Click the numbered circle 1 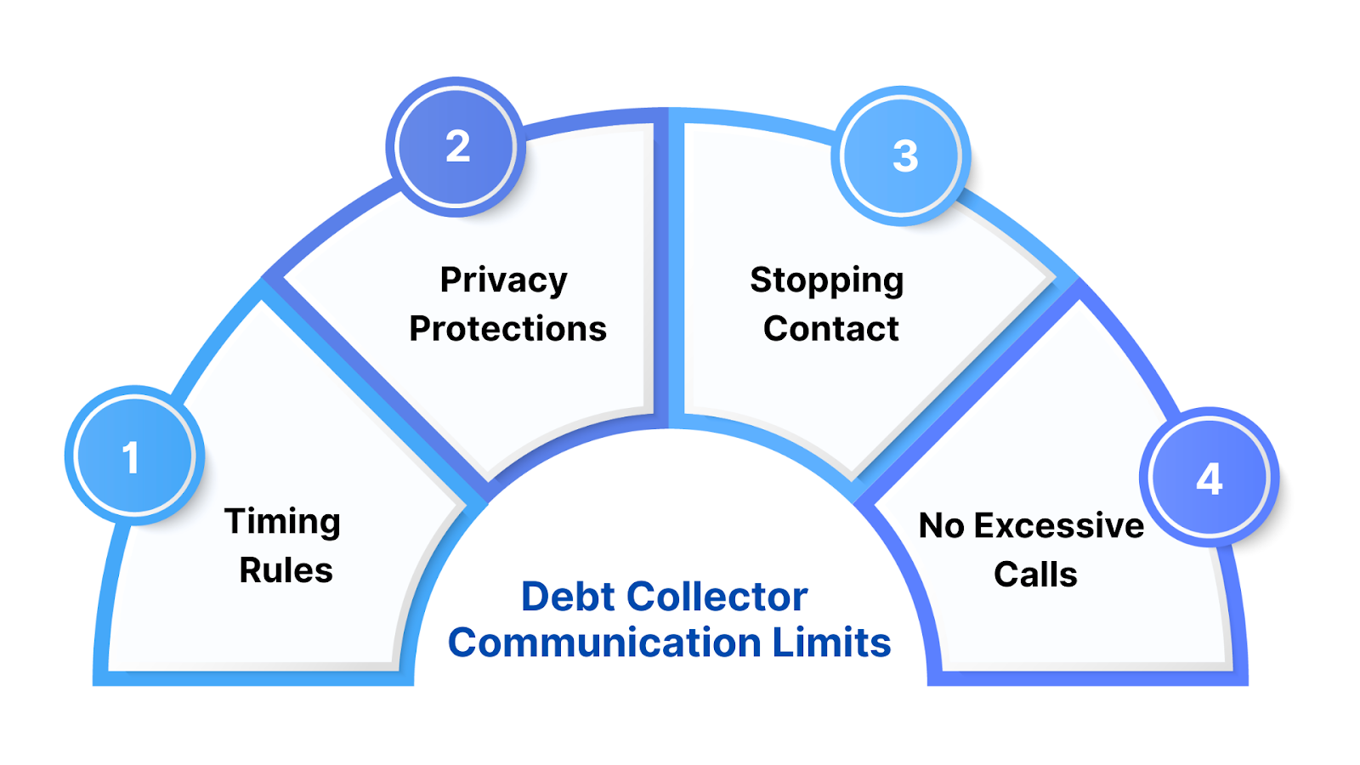(134, 456)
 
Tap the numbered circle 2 (456, 147)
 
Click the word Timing (282, 522)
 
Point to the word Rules (286, 570)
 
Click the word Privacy (503, 280)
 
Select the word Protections (507, 329)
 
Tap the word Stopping (826, 280)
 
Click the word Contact (830, 329)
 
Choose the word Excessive (1058, 526)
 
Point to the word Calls (1035, 575)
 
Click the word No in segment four (941, 526)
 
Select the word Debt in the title (568, 597)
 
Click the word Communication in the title (604, 643)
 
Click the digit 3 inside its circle (905, 156)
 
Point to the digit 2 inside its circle (457, 147)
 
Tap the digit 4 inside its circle (1209, 479)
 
